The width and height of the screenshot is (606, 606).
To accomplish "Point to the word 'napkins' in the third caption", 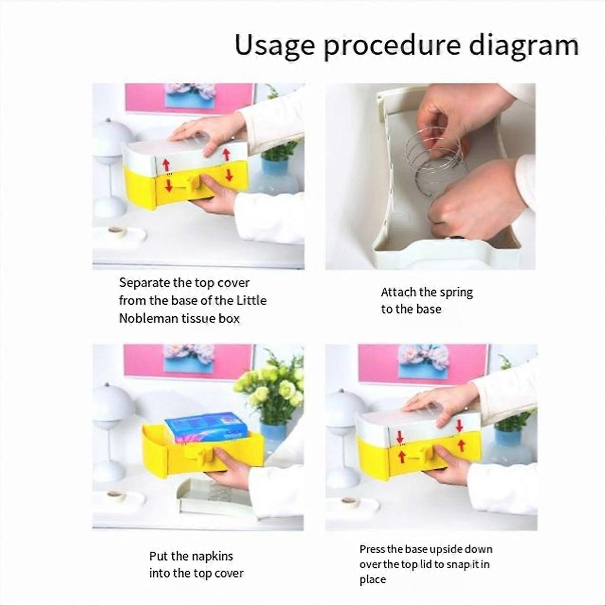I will coord(212,557).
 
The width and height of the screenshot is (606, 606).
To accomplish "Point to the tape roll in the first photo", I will coord(117,232).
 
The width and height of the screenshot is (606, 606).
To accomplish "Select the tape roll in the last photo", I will coord(349,501).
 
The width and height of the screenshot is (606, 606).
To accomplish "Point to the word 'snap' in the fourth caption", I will coord(458,564).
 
